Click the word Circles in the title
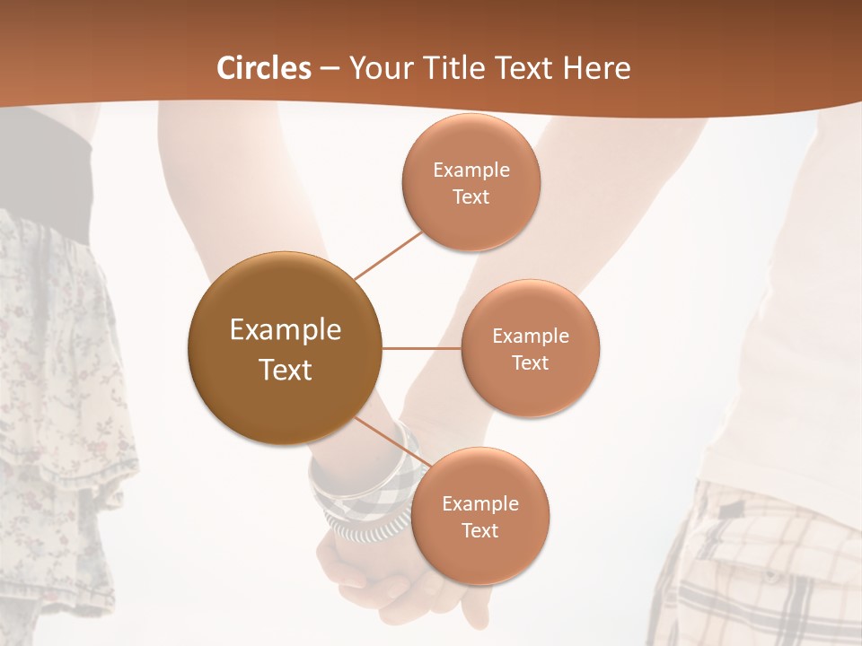tap(264, 68)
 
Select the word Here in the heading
tap(598, 68)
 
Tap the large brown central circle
tap(285, 348)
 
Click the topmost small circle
tap(471, 182)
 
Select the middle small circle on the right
tap(531, 348)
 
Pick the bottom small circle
tap(480, 516)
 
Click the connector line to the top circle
tap(387, 254)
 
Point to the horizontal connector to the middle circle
tap(422, 348)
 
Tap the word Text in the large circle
tap(285, 370)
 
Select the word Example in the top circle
tap(471, 170)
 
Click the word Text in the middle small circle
tap(531, 362)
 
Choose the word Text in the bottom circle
tap(480, 530)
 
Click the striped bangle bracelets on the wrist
tap(359, 502)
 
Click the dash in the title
tap(330, 69)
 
